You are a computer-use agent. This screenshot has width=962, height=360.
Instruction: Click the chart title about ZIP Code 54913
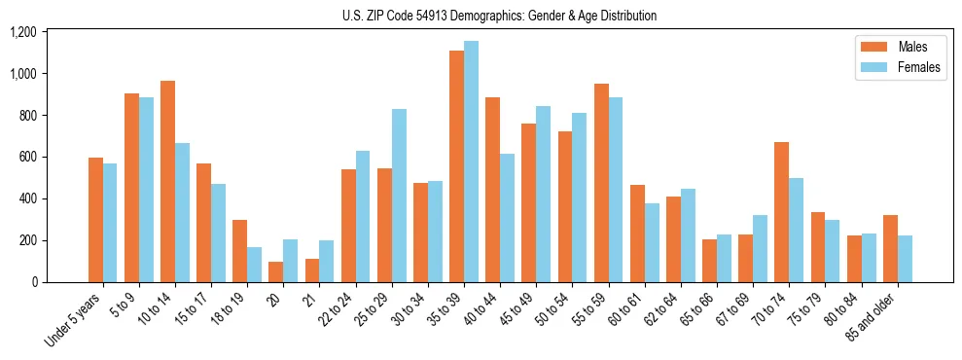(499, 16)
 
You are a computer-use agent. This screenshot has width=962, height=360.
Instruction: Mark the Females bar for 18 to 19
(254, 265)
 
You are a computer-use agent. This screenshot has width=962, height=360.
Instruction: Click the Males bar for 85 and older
(889, 248)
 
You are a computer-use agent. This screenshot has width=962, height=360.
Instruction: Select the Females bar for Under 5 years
(110, 223)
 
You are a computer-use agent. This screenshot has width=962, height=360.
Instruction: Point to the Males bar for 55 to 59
(601, 183)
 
